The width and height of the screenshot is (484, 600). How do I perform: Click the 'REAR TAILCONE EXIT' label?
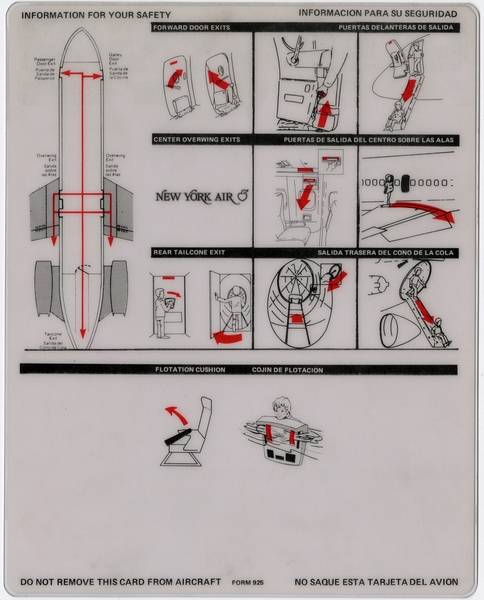(x=191, y=253)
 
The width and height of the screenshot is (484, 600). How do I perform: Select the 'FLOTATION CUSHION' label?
(x=190, y=370)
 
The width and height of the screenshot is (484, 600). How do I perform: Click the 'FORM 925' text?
(x=247, y=580)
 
